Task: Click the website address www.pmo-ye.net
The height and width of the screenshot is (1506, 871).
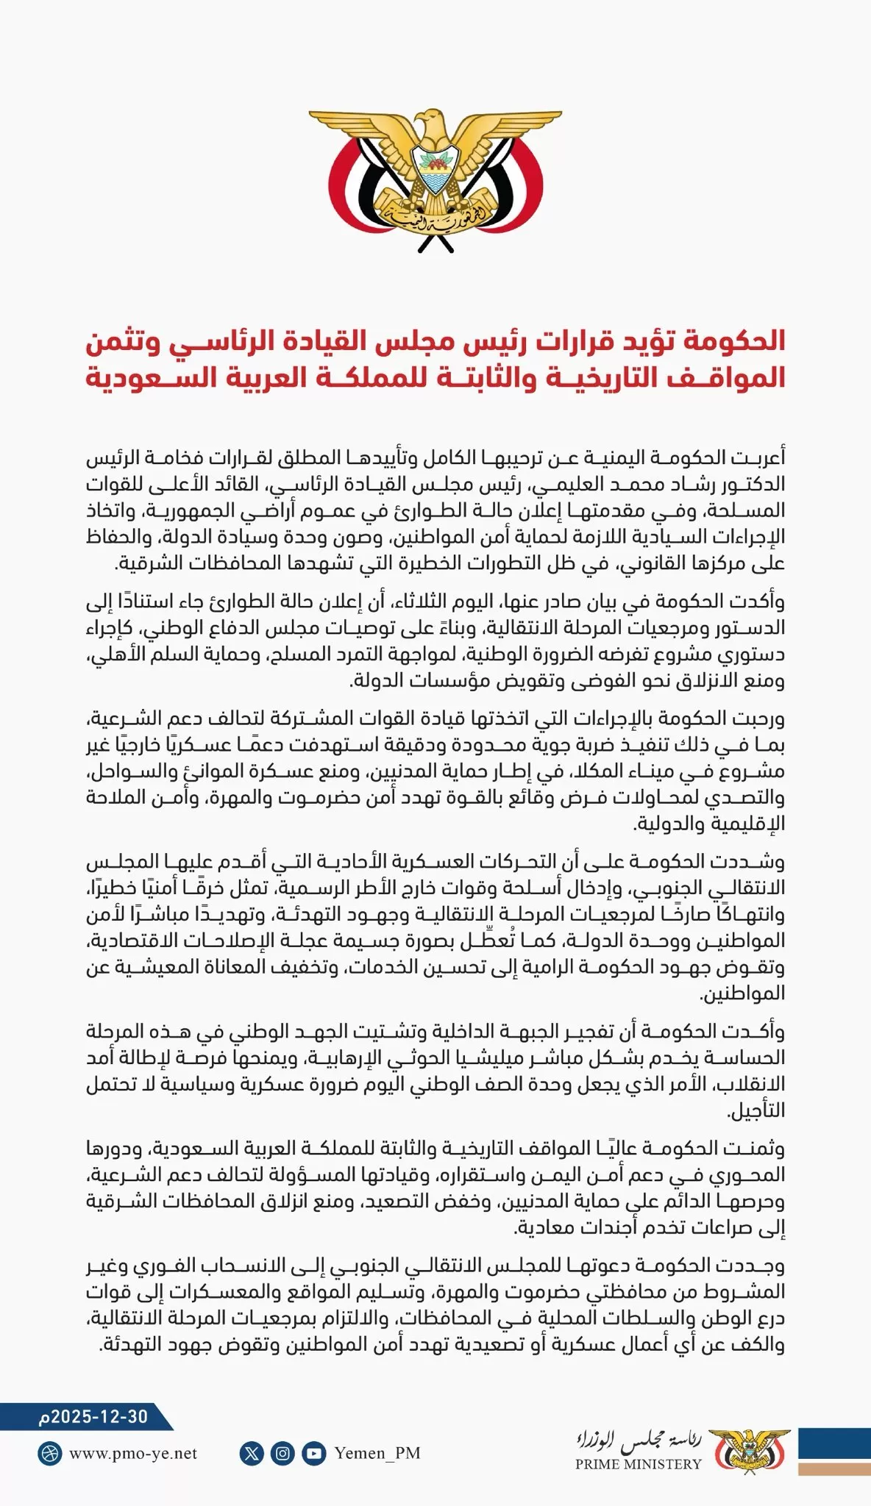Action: pyautogui.click(x=133, y=1453)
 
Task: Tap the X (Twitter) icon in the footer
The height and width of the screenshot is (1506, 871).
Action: pyautogui.click(x=252, y=1453)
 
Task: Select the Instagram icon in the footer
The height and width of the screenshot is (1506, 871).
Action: pyautogui.click(x=282, y=1453)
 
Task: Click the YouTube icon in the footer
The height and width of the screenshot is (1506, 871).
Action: pyautogui.click(x=314, y=1453)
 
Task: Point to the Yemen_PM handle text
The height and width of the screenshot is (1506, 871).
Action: pyautogui.click(x=377, y=1453)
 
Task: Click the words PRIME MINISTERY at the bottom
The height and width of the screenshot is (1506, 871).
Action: pyautogui.click(x=639, y=1464)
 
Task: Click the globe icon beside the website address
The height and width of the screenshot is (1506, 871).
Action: pyautogui.click(x=50, y=1453)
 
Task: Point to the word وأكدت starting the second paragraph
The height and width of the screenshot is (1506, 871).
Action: pyautogui.click(x=761, y=602)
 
